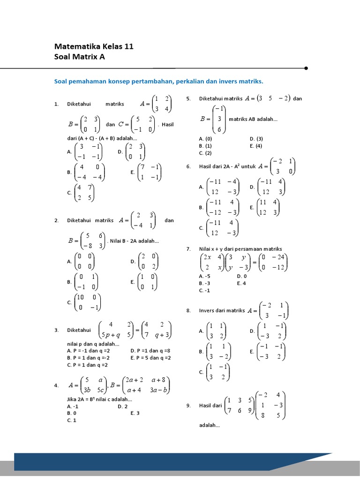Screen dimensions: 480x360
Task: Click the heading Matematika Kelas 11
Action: tap(94, 46)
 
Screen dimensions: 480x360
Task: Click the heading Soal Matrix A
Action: tap(80, 57)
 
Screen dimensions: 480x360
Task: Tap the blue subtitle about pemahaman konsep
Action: tap(159, 81)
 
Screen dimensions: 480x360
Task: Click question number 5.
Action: tap(188, 99)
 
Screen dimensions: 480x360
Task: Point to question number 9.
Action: tap(188, 406)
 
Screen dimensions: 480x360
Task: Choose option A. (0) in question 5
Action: tap(205, 139)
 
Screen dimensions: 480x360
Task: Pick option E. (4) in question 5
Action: tap(256, 146)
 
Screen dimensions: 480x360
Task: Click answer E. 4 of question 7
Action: tap(242, 283)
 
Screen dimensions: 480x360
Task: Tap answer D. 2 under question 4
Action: tap(123, 406)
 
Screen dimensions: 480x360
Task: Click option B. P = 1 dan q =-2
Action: tap(88, 357)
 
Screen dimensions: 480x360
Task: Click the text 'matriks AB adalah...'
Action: tap(253, 119)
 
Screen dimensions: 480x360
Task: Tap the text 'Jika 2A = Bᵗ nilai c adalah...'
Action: tap(100, 399)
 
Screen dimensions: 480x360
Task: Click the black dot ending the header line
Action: tap(306, 68)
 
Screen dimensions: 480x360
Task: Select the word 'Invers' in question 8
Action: tap(207, 310)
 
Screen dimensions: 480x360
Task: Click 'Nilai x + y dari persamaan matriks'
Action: tap(240, 249)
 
